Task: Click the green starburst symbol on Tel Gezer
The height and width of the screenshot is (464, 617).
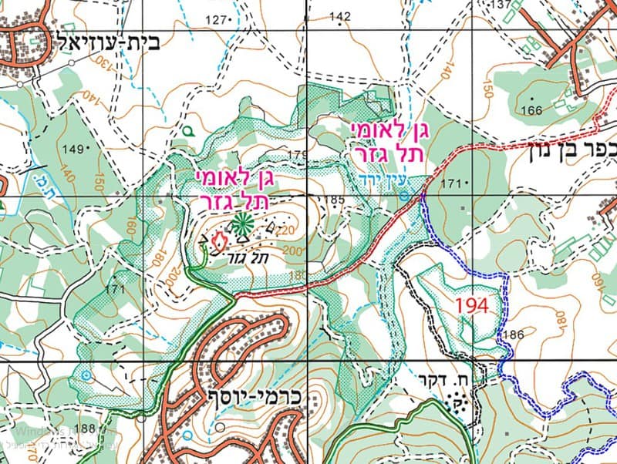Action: point(241,224)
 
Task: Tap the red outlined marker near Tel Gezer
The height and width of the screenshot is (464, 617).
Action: point(217,241)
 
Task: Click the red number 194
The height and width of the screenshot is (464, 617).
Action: point(472,304)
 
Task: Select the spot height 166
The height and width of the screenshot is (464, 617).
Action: point(531,110)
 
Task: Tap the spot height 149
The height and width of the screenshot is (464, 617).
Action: point(74,148)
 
